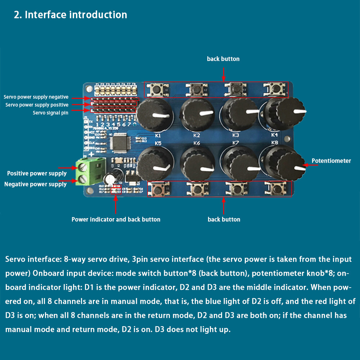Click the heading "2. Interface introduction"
click(70, 15)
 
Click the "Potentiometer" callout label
click(331, 161)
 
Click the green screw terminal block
click(86, 172)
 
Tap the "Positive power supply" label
click(37, 174)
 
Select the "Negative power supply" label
click(35, 184)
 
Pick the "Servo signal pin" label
click(50, 113)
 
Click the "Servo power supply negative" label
click(36, 97)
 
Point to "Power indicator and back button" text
click(116, 219)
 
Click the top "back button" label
click(223, 59)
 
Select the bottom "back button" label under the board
click(224, 219)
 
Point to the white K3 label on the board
click(235, 135)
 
